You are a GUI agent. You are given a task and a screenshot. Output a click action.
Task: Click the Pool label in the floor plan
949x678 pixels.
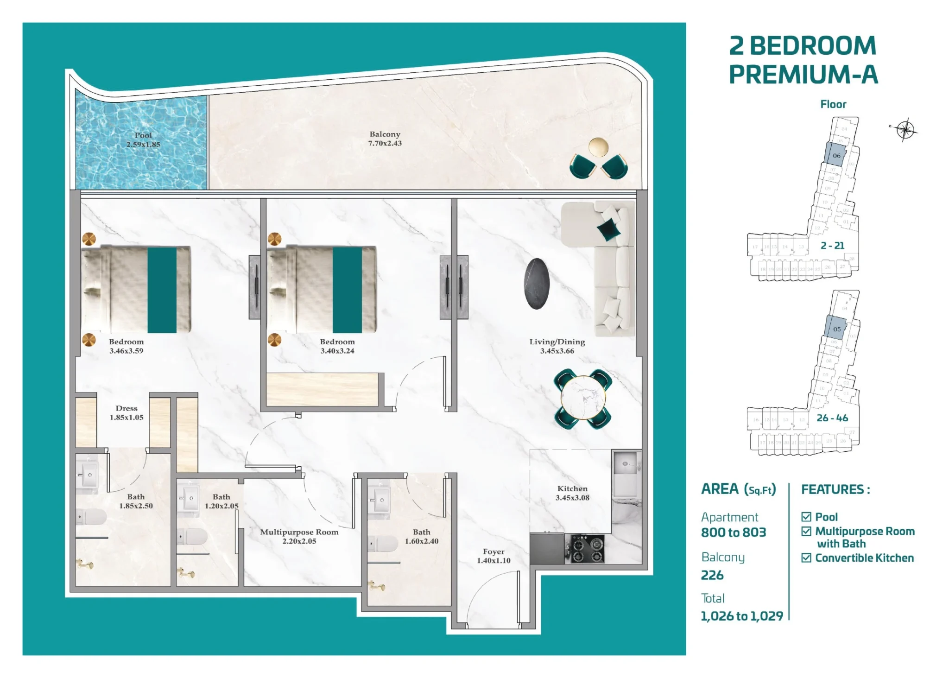pyautogui.click(x=143, y=139)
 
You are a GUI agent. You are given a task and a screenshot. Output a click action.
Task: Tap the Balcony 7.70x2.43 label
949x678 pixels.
pyautogui.click(x=385, y=139)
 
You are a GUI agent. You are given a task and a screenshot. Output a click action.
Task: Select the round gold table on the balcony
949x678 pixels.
pyautogui.click(x=598, y=147)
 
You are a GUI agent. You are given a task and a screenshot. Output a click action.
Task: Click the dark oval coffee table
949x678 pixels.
pyautogui.click(x=537, y=283)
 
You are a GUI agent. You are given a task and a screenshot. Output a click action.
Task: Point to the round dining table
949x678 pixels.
pyautogui.click(x=583, y=398)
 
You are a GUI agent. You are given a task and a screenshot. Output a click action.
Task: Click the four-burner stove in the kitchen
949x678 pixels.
pyautogui.click(x=587, y=549)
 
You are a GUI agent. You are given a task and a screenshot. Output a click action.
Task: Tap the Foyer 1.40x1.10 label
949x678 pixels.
pyautogui.click(x=493, y=556)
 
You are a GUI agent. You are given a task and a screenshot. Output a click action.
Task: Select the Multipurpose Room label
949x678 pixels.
pyautogui.click(x=299, y=536)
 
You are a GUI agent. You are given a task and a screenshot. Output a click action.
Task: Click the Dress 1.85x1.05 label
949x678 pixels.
pyautogui.click(x=127, y=412)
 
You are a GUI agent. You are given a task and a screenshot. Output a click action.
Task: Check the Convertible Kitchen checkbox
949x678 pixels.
pyautogui.click(x=806, y=558)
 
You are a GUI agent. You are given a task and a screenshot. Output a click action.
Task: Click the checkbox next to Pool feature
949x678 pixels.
pyautogui.click(x=806, y=517)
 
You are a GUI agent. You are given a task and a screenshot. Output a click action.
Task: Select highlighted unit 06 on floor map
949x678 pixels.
pyautogui.click(x=835, y=154)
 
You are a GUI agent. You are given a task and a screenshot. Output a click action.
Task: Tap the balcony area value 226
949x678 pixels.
pyautogui.click(x=712, y=575)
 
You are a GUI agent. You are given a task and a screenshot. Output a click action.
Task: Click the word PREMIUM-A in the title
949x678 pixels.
pyautogui.click(x=803, y=74)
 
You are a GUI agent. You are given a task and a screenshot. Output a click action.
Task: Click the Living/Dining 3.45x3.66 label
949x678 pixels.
pyautogui.click(x=557, y=346)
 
